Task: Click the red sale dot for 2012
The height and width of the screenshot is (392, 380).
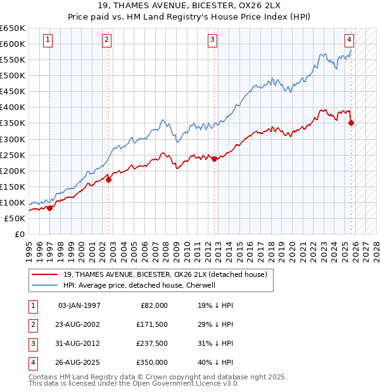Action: click(x=214, y=159)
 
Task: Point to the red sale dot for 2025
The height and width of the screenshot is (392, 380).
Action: click(x=351, y=123)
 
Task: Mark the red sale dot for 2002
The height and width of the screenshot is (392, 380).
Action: click(x=109, y=180)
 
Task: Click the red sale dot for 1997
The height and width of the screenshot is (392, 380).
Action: click(x=50, y=208)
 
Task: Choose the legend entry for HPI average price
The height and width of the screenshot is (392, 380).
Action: click(x=139, y=285)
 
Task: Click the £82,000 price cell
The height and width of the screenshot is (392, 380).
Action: click(x=154, y=305)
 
